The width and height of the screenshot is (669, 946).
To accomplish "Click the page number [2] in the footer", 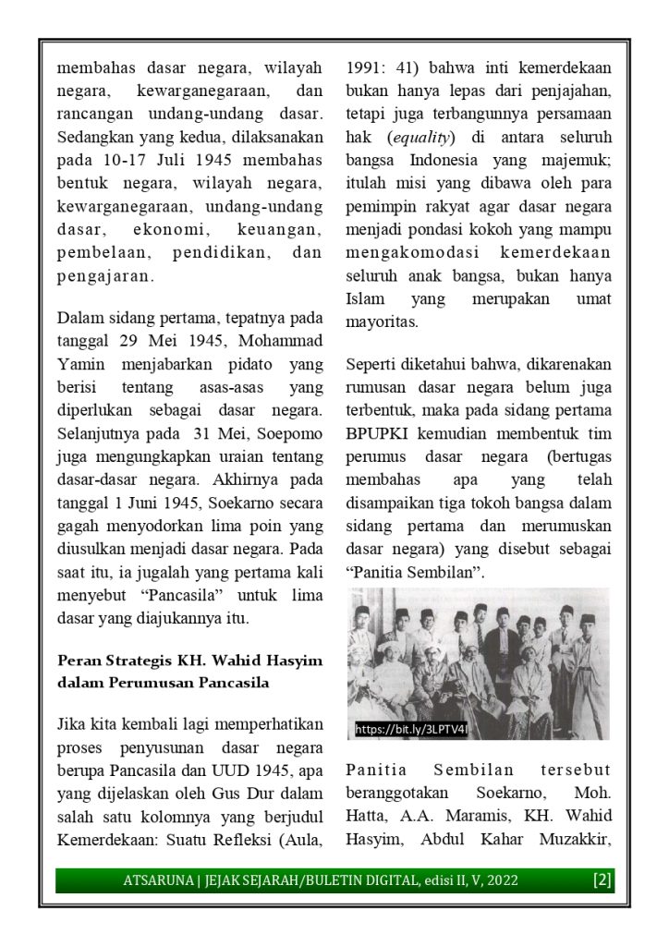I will pos(602,879).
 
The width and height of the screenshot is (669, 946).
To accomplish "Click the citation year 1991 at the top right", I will pos(364,67).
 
